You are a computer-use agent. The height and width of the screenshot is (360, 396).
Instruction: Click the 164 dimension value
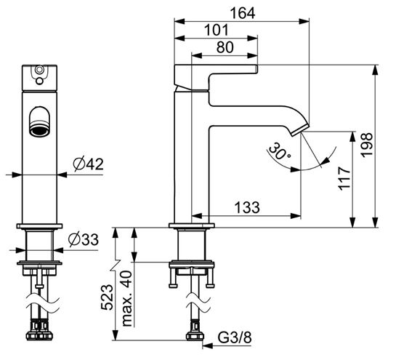pyautogui.click(x=243, y=13)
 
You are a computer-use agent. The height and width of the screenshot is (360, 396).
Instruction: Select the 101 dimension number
pyautogui.click(x=217, y=30)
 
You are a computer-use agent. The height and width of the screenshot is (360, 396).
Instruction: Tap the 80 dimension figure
pyautogui.click(x=225, y=47)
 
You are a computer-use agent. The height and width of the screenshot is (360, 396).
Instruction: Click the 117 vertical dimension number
pyautogui.click(x=344, y=178)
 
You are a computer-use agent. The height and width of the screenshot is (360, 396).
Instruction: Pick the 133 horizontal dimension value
pyautogui.click(x=247, y=207)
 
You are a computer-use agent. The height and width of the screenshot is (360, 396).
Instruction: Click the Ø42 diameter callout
pyautogui.click(x=88, y=164)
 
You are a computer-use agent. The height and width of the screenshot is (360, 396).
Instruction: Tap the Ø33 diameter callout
pyautogui.click(x=84, y=239)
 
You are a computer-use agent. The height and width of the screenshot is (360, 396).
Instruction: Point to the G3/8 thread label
pyautogui.click(x=235, y=337)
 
